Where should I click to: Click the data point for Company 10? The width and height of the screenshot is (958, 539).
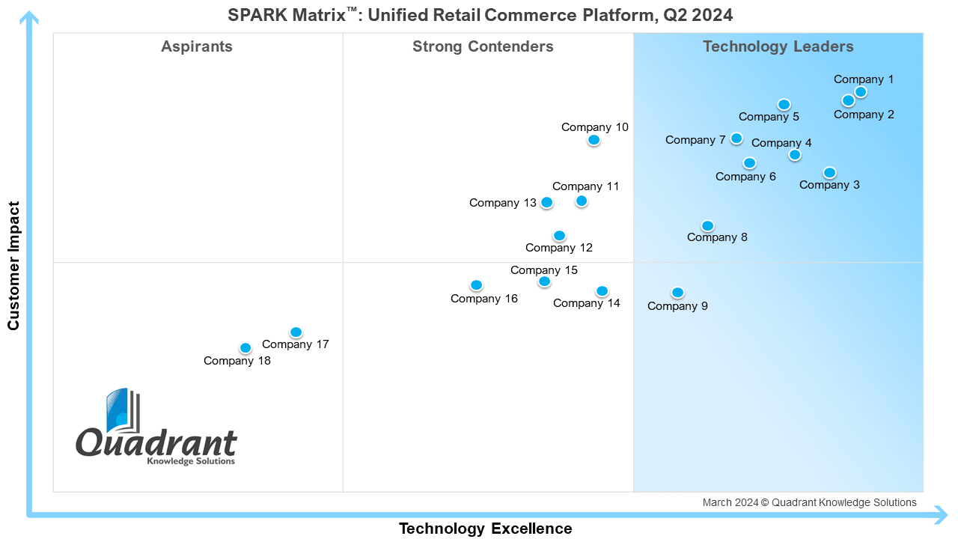tap(594, 140)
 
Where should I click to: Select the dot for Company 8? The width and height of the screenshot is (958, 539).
tap(708, 225)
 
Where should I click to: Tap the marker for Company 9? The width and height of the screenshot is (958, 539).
tap(677, 293)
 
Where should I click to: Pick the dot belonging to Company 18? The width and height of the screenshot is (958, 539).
tap(245, 348)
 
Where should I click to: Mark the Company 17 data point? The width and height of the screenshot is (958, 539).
tap(296, 332)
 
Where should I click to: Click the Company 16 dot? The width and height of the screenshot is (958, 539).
tap(477, 285)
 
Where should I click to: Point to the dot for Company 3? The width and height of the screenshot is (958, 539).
tap(830, 173)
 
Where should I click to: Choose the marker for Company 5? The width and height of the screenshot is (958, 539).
tap(784, 104)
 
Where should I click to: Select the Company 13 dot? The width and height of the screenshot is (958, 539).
tap(546, 202)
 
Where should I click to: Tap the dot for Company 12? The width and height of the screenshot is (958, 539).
tap(559, 236)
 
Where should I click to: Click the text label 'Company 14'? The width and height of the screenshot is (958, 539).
tap(586, 303)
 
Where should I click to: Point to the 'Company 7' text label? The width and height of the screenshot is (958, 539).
tap(695, 140)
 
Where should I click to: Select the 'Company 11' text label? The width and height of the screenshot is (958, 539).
tap(585, 186)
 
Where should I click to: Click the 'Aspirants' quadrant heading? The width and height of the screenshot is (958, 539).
tap(197, 46)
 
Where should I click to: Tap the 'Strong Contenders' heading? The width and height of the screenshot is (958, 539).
tap(483, 46)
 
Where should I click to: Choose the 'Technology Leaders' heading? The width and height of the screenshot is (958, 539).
tap(778, 46)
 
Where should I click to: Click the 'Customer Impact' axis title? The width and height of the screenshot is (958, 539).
tap(13, 266)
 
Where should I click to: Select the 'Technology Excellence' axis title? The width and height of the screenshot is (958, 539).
tap(486, 529)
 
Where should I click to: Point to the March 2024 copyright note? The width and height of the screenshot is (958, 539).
tap(810, 502)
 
